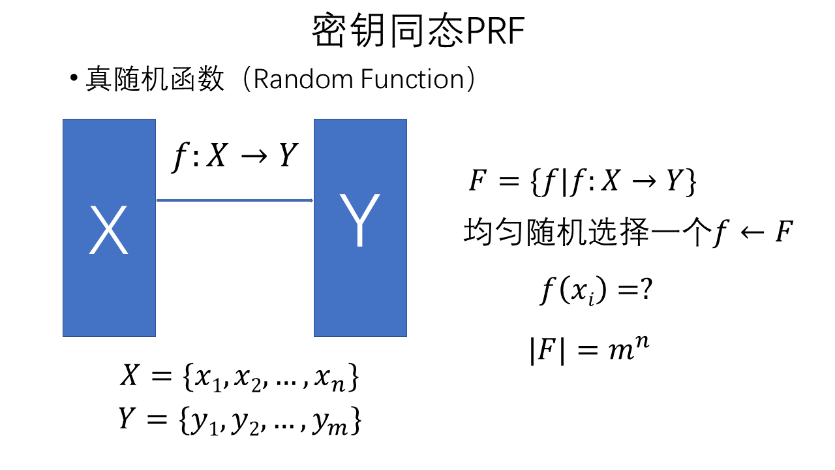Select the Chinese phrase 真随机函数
click(x=155, y=80)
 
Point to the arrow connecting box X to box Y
click(x=235, y=200)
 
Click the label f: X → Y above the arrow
click(x=234, y=157)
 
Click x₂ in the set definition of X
click(x=245, y=381)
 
